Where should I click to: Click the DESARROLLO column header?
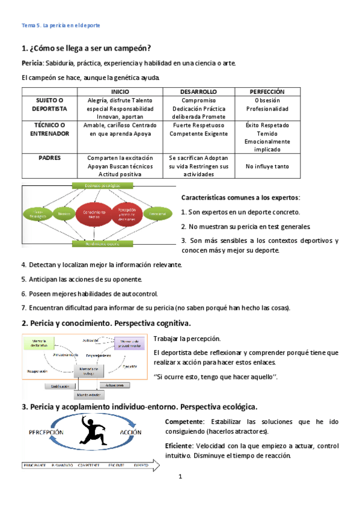(198, 91)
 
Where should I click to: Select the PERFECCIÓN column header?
(267, 91)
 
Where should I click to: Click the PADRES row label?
(50, 158)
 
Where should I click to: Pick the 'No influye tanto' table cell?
(267, 166)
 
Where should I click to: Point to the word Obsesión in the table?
(267, 100)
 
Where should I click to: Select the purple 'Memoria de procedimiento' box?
(128, 343)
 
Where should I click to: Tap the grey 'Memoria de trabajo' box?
(88, 370)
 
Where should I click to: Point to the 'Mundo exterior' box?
(87, 395)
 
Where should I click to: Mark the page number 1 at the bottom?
(180, 478)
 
